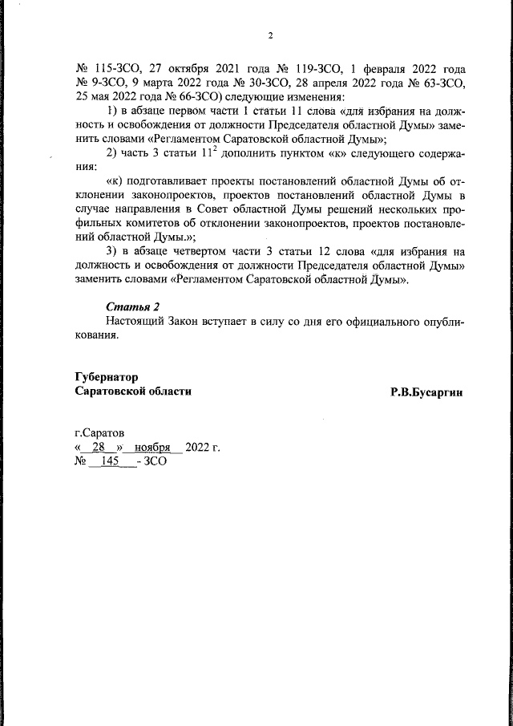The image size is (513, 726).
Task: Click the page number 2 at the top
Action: pos(271,35)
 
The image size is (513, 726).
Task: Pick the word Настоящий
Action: pos(135,322)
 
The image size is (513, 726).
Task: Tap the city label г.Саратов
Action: pos(99,433)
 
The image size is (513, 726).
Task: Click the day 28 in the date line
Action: pos(100,447)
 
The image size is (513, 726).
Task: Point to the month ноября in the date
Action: pos(153,447)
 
